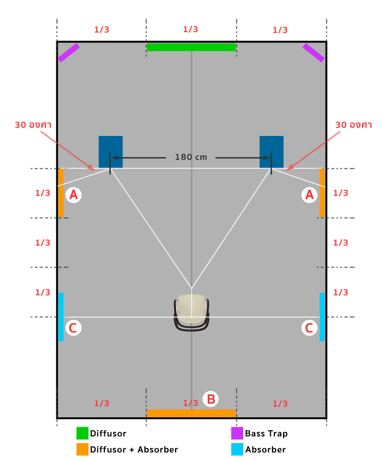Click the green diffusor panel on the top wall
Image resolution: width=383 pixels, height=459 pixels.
[191, 47]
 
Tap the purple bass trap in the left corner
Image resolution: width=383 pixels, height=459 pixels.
[69, 52]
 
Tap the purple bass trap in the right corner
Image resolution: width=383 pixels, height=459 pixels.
[313, 52]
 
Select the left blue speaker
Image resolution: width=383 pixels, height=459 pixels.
[111, 152]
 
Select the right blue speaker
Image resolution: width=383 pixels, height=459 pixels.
[272, 152]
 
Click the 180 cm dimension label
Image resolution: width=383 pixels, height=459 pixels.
[191, 157]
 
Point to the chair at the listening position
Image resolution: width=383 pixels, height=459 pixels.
[191, 313]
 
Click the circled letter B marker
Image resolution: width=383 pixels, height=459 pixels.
[211, 399]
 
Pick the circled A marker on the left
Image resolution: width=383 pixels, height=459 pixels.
[74, 195]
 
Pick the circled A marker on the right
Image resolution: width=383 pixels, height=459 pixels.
[309, 195]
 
